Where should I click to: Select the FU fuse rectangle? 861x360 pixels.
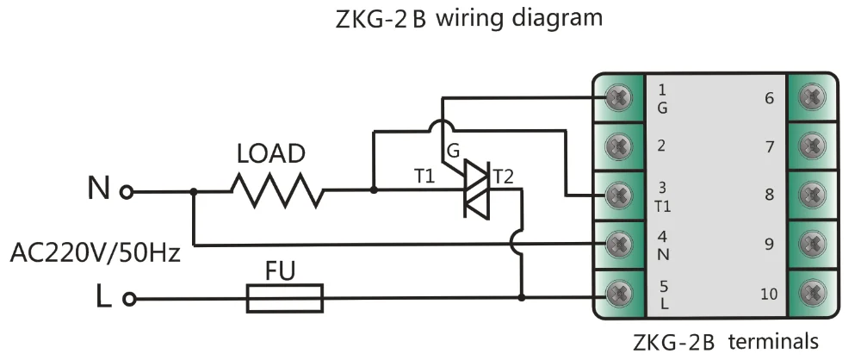tap(285, 299)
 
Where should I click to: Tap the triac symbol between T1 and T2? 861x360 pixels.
tap(475, 187)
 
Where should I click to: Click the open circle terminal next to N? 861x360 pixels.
tap(127, 191)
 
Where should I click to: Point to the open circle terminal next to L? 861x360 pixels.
tap(129, 299)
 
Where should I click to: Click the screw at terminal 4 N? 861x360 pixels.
tap(616, 244)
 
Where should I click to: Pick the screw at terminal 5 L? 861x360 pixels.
tap(616, 293)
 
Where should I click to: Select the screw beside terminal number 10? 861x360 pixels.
tap(812, 293)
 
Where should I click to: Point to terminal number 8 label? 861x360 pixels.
tap(770, 195)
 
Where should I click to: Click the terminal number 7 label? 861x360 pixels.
tap(770, 146)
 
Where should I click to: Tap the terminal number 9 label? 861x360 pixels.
tap(770, 244)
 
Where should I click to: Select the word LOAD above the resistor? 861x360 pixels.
tap(271, 155)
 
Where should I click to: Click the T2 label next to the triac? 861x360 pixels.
tap(503, 177)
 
